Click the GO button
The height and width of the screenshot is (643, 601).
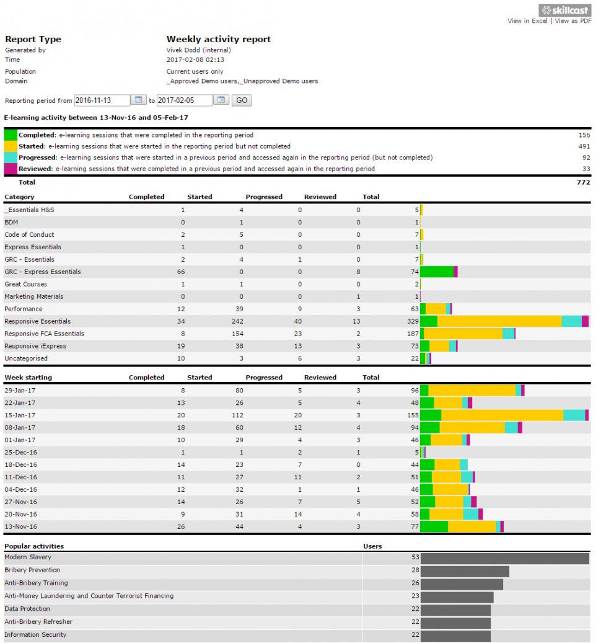tap(242, 100)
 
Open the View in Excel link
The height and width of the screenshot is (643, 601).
tap(527, 21)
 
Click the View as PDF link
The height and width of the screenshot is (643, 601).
tap(573, 21)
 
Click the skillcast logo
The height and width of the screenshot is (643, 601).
tap(565, 10)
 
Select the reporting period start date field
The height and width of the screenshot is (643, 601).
tap(102, 100)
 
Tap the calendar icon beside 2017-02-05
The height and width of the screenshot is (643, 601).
tap(222, 100)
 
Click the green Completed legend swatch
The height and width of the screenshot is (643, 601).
tap(11, 135)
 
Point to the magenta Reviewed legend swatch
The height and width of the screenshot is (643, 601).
tap(11, 169)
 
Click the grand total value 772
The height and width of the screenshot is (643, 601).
tap(583, 182)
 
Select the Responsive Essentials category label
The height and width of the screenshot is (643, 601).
tap(38, 321)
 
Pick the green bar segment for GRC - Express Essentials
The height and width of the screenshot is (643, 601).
tap(437, 272)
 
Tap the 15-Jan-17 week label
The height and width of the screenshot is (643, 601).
tap(20, 415)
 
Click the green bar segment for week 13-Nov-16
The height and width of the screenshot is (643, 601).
tap(434, 526)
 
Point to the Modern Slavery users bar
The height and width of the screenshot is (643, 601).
tap(504, 559)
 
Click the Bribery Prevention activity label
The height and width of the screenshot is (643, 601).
tap(32, 570)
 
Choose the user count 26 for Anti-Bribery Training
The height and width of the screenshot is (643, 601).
tap(415, 583)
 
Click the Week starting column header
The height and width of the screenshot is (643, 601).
tap(29, 377)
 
